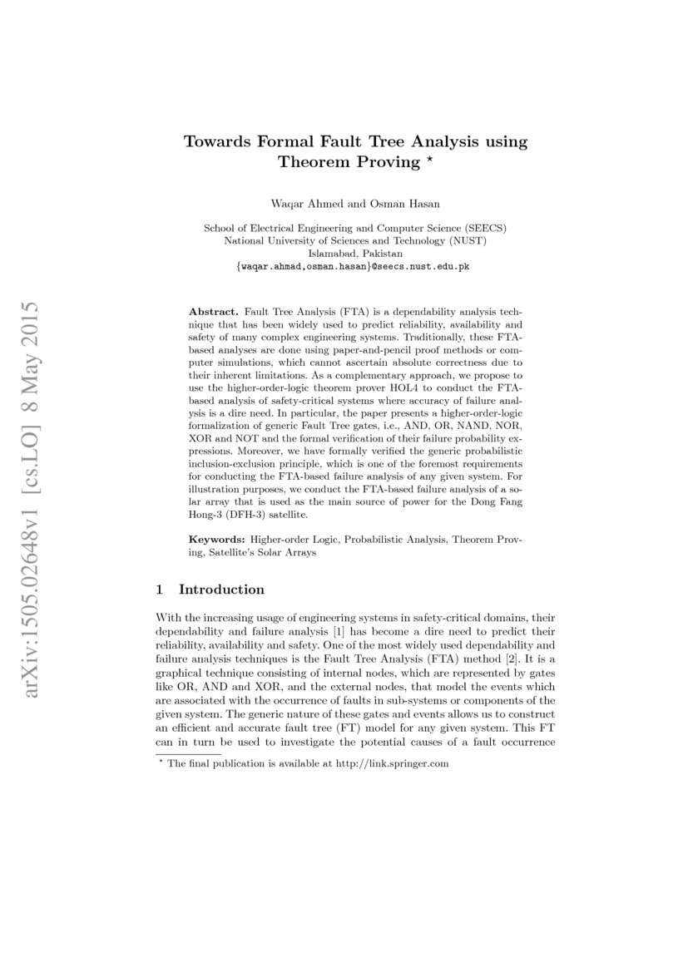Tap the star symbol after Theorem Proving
point(429,160)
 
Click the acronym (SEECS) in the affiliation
point(483,228)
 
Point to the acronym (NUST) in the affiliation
point(468,240)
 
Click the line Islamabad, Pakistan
point(355,253)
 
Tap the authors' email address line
point(355,267)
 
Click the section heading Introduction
point(221,590)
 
